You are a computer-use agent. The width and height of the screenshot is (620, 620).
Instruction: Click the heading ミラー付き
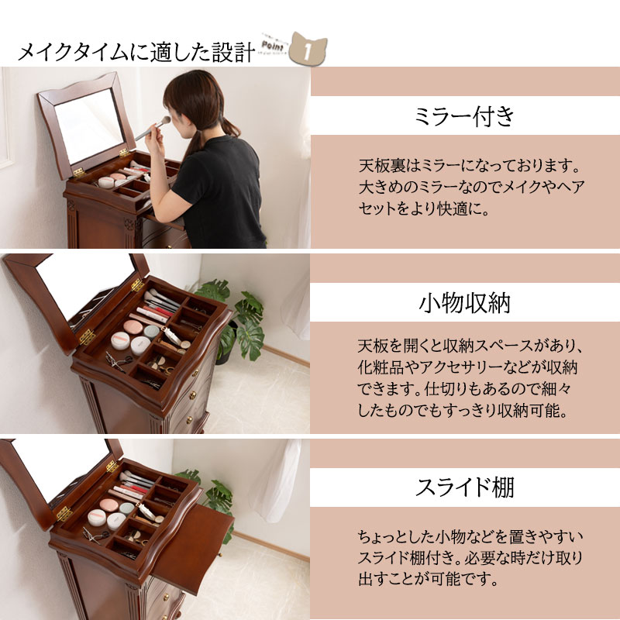click(x=465, y=116)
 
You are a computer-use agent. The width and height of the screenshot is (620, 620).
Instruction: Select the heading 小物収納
click(x=465, y=303)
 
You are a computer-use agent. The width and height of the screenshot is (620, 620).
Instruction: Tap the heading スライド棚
click(x=465, y=489)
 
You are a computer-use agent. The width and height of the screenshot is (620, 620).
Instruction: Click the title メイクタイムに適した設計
click(x=136, y=53)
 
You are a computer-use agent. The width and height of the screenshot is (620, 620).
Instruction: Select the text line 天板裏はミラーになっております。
click(x=470, y=166)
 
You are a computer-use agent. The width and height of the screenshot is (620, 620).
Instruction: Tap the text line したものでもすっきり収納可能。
click(x=463, y=410)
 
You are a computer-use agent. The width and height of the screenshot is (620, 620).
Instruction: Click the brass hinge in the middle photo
click(x=87, y=337)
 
